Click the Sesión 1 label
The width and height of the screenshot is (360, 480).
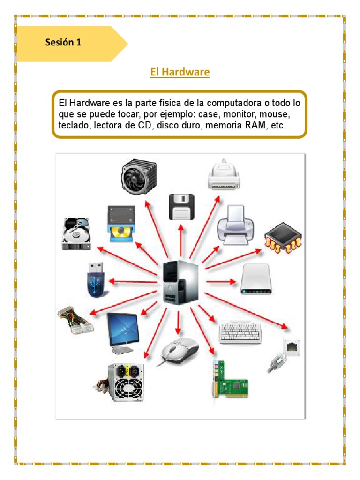[63, 42]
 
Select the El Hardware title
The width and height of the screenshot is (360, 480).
[180, 72]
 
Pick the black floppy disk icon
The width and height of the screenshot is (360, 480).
[181, 207]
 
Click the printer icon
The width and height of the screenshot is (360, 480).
[236, 225]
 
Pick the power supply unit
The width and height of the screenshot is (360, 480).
[123, 382]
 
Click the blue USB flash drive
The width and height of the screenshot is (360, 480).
[97, 280]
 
